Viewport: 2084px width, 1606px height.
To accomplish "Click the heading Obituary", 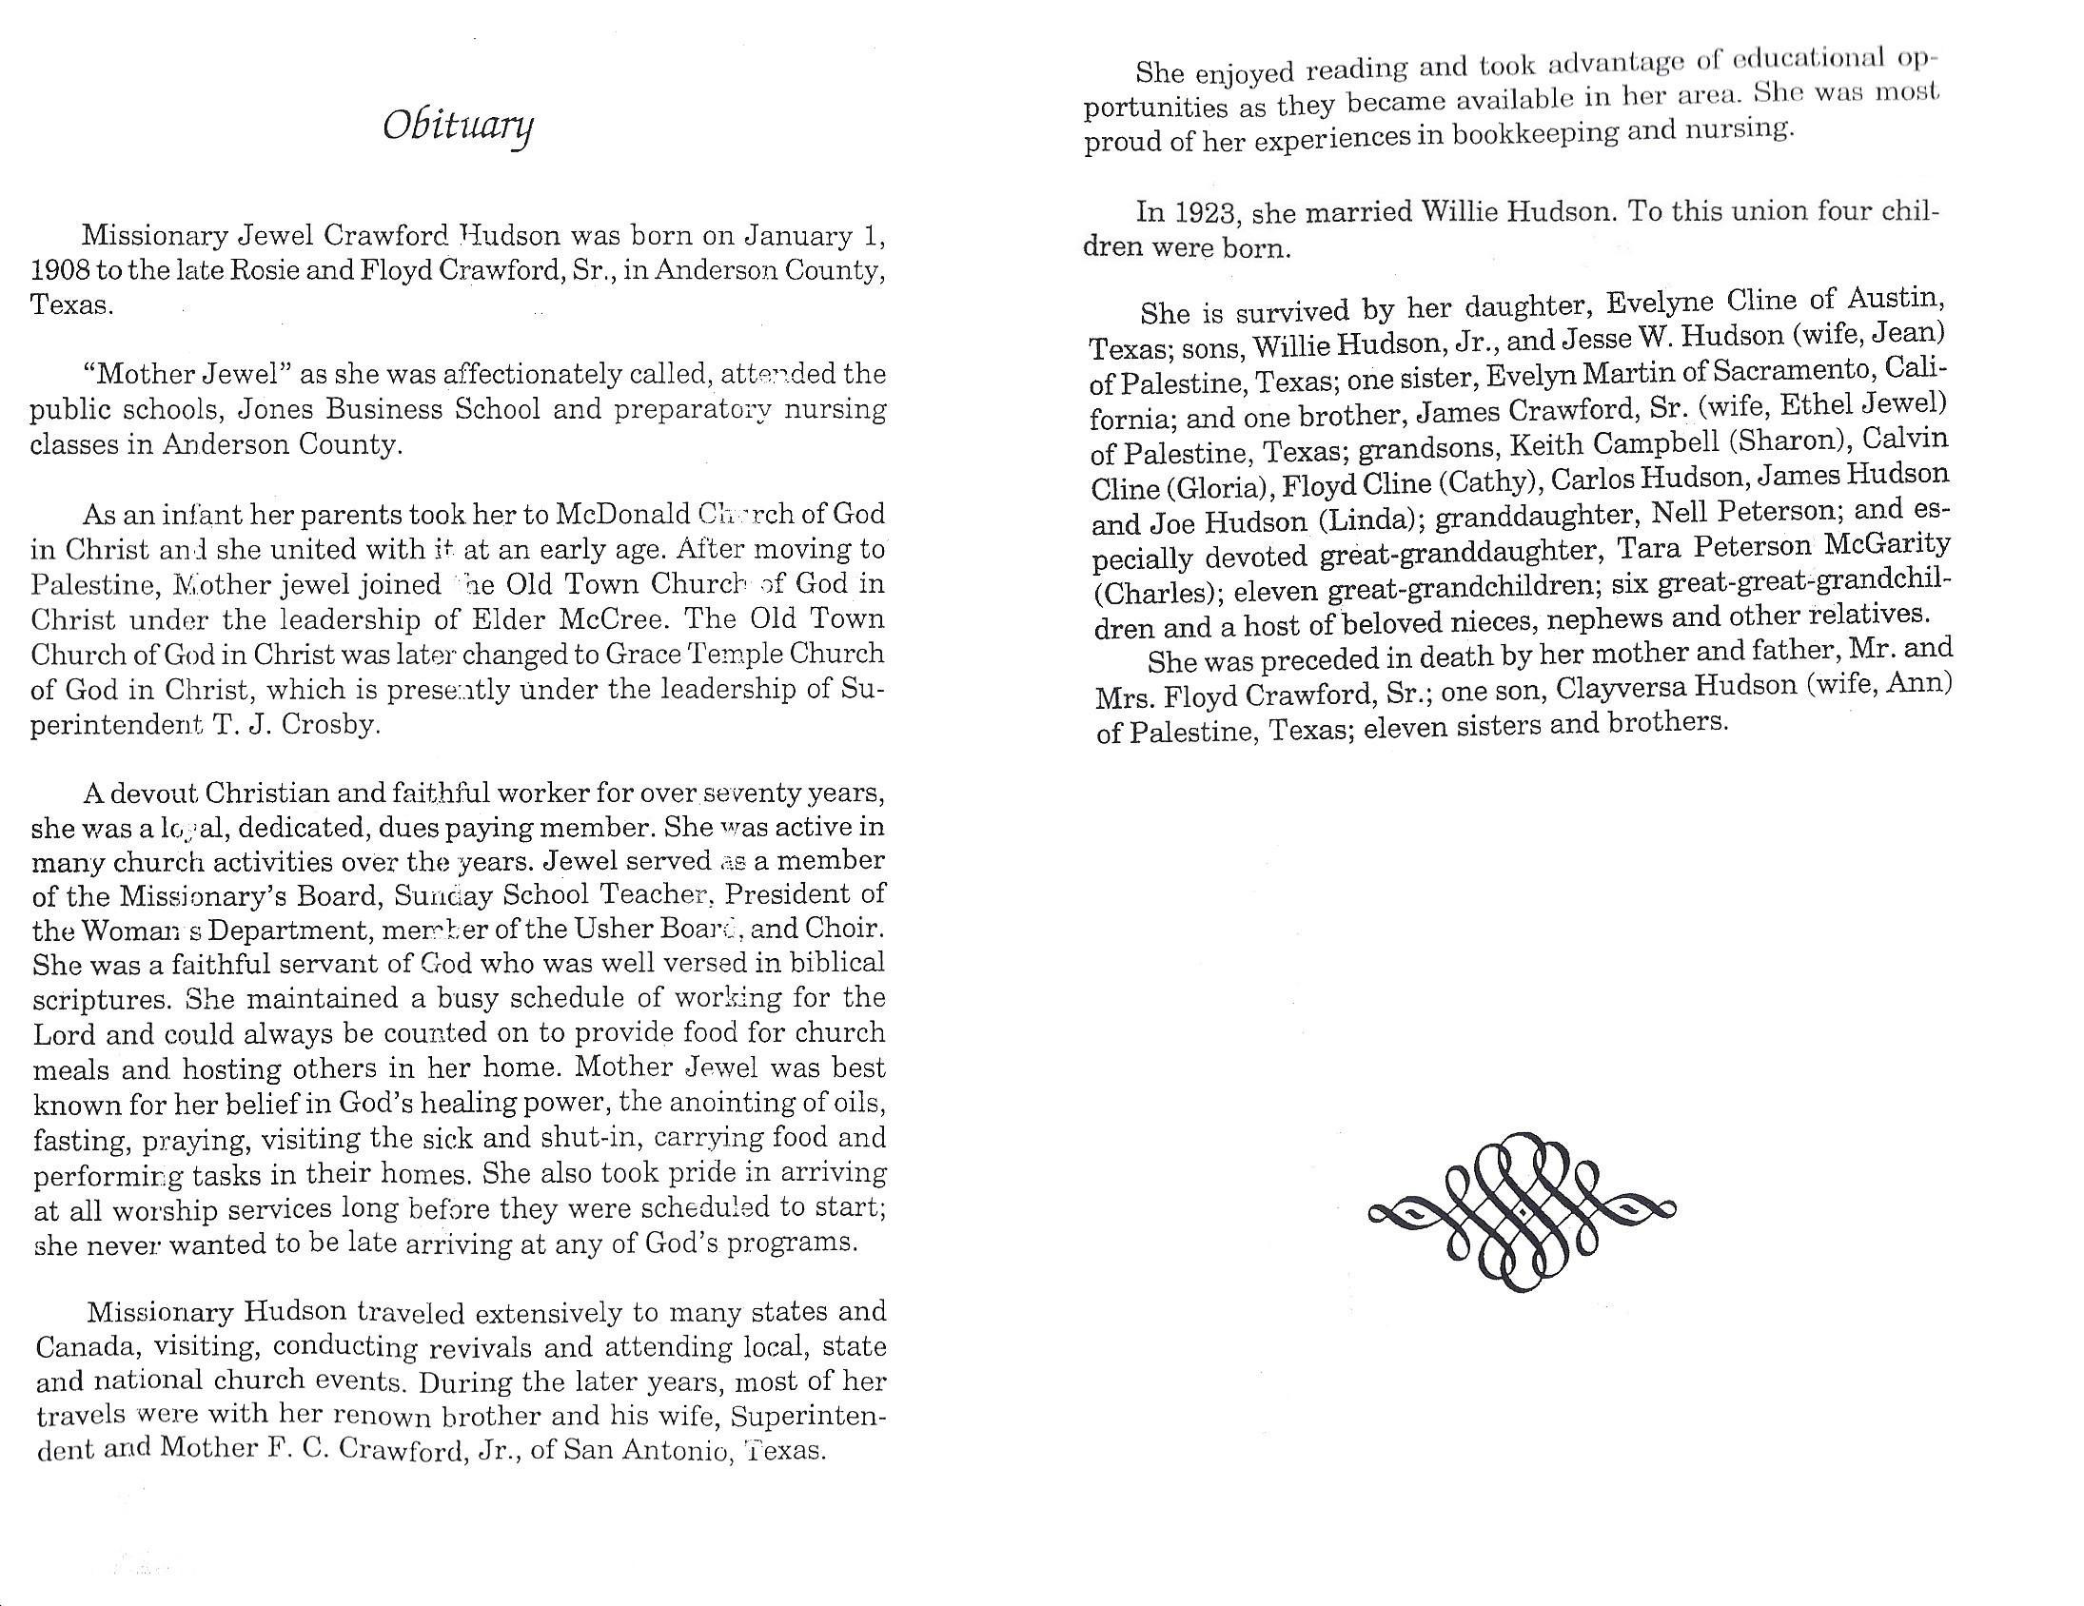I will tap(458, 127).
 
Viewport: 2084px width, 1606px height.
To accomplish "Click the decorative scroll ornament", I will tap(1522, 1211).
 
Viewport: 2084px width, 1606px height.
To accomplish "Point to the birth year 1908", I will tap(60, 271).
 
